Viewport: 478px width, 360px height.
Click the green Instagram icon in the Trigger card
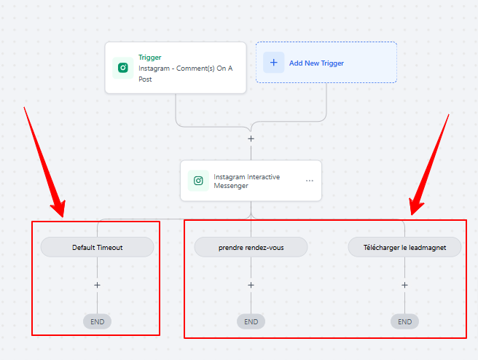click(123, 68)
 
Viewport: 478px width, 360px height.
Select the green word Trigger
click(149, 58)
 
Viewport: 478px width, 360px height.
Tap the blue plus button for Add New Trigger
click(274, 63)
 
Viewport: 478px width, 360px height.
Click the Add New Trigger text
click(316, 63)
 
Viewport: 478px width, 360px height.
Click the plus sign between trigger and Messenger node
click(251, 138)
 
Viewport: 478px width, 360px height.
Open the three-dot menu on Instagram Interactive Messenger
click(310, 181)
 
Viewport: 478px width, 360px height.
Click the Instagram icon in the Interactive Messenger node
click(198, 181)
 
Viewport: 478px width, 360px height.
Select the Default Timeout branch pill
click(97, 247)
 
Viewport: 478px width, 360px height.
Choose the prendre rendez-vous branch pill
click(251, 247)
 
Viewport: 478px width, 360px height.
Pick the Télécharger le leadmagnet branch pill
click(404, 247)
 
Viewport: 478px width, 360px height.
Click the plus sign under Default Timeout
click(97, 285)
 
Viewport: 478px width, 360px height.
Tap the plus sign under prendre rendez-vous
click(251, 285)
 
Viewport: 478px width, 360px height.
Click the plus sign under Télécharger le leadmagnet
click(404, 285)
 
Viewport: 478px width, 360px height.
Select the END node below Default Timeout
click(97, 321)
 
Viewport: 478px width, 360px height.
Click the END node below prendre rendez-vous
click(251, 321)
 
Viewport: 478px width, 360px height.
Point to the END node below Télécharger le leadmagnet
click(404, 321)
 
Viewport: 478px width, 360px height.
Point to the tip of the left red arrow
click(63, 217)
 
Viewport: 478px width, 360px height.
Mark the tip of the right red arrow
click(412, 215)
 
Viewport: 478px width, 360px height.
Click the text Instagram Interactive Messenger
click(246, 181)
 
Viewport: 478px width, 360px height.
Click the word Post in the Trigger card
click(145, 79)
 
